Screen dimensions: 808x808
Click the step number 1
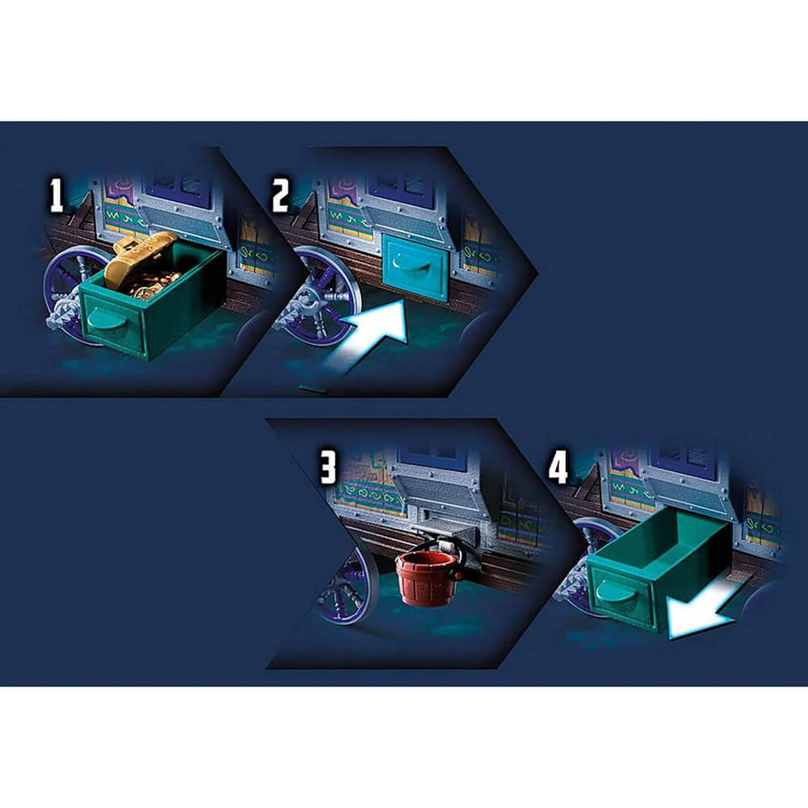click(x=56, y=195)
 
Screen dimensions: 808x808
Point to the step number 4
click(x=558, y=467)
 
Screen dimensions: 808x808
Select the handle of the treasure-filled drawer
click(x=106, y=319)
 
